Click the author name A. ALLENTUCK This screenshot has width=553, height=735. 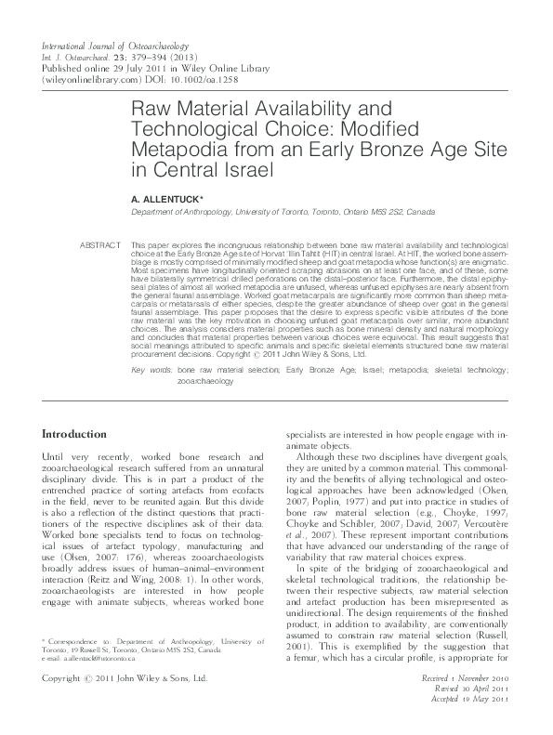coord(164,199)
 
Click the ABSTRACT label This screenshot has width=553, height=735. coord(102,244)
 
